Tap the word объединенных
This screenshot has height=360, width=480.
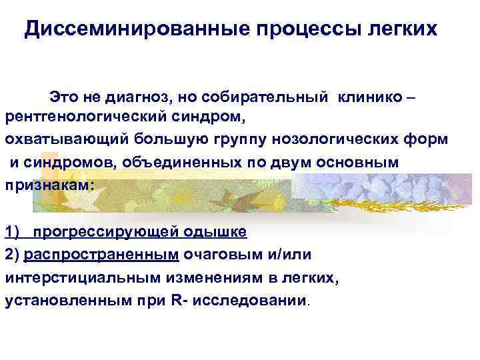click(149, 161)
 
